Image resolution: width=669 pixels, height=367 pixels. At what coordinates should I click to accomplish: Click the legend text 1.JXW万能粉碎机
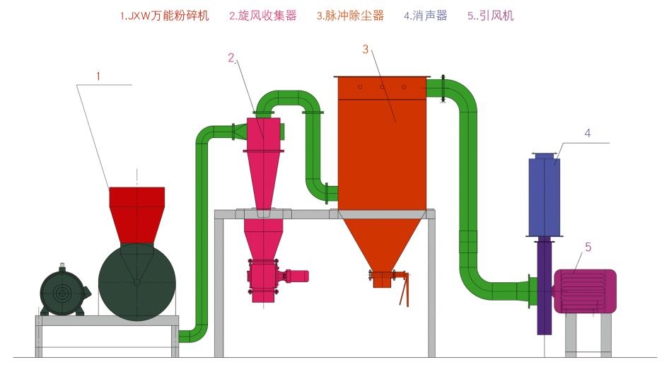[x=165, y=16]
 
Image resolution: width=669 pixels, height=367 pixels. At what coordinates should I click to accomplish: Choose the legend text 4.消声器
[x=426, y=16]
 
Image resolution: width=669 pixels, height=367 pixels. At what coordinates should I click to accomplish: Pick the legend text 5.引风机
[x=491, y=16]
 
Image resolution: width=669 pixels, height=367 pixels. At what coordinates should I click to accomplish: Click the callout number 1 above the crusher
[x=99, y=74]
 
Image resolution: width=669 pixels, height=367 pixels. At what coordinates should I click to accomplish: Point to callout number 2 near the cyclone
[x=231, y=59]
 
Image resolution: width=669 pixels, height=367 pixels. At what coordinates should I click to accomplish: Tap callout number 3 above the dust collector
[x=366, y=49]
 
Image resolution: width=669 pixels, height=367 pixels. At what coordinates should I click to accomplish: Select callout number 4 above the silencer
[x=586, y=133]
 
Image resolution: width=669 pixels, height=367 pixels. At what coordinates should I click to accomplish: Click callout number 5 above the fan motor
[x=588, y=247]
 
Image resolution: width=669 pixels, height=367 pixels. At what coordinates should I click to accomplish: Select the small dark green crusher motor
[x=62, y=291]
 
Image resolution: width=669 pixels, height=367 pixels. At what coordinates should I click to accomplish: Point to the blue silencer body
[x=545, y=197]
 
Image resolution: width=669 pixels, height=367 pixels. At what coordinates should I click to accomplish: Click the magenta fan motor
[x=585, y=291]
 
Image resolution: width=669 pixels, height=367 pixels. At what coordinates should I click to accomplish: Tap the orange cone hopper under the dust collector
[x=382, y=240]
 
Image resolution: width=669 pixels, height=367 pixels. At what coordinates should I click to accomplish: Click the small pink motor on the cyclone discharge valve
[x=296, y=275]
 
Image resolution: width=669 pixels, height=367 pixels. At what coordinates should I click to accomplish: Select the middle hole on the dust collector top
[x=382, y=87]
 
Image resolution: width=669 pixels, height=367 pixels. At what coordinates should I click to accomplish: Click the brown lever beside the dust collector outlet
[x=404, y=291]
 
